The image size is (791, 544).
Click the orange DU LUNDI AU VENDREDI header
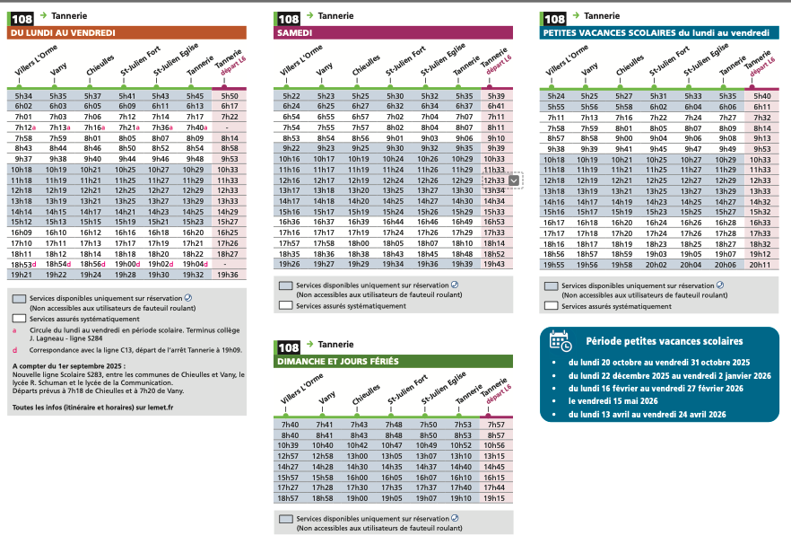pyautogui.click(x=126, y=33)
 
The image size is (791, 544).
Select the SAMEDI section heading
pyautogui.click(x=395, y=33)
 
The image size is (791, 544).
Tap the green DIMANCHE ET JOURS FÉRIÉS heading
pyautogui.click(x=395, y=361)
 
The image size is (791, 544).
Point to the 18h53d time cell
pyautogui.click(x=24, y=264)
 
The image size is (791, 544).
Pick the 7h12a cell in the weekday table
pyautogui.click(x=24, y=127)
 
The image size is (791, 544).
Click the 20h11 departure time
pyautogui.click(x=761, y=265)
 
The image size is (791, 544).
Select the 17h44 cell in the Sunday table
pyautogui.click(x=494, y=487)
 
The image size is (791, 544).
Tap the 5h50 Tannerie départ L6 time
pyautogui.click(x=229, y=96)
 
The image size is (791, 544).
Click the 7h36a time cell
pyautogui.click(x=161, y=127)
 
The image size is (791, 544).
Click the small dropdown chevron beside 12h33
pyautogui.click(x=513, y=180)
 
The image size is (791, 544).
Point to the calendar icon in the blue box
pyautogui.click(x=560, y=341)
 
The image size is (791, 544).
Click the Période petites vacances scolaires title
pyautogui.click(x=664, y=341)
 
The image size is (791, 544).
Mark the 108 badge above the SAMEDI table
pyautogui.click(x=288, y=17)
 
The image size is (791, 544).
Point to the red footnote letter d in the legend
pyautogui.click(x=14, y=350)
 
